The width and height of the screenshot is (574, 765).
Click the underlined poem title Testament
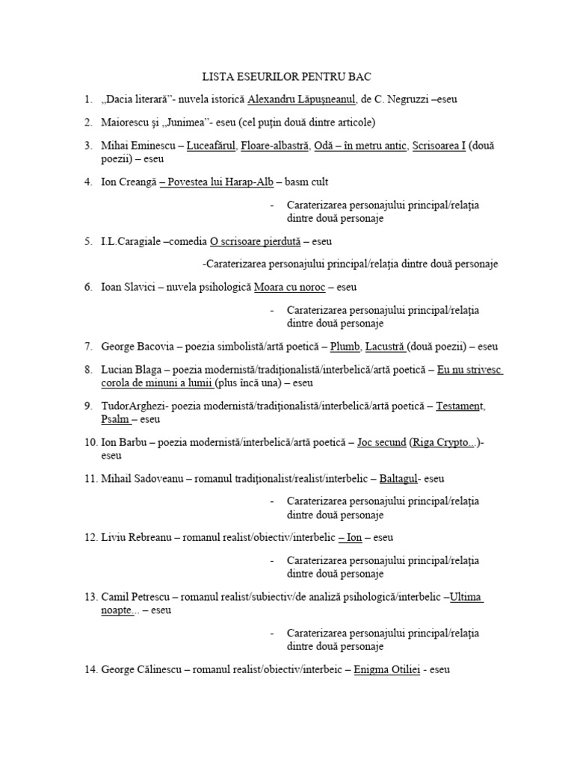(460, 405)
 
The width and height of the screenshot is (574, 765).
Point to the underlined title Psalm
(115, 419)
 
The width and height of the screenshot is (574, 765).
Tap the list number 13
(91, 596)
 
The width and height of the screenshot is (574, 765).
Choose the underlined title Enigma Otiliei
(386, 669)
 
